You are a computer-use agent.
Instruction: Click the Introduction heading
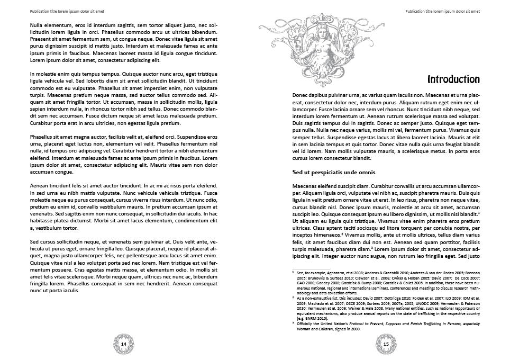pos(453,79)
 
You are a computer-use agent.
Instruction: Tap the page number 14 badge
pos(124,344)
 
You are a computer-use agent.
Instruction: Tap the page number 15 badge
pos(386,344)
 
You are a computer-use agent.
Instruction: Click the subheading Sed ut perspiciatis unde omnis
pos(334,172)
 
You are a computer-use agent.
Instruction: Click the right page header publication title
pos(442,11)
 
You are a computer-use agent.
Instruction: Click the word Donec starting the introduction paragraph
pos(300,95)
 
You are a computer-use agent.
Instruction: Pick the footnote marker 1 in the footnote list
pos(293,272)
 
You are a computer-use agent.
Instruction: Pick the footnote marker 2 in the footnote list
pos(293,298)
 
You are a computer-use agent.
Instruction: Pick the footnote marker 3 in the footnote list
pos(293,322)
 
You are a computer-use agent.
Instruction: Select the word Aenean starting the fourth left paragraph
pos(39,186)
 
